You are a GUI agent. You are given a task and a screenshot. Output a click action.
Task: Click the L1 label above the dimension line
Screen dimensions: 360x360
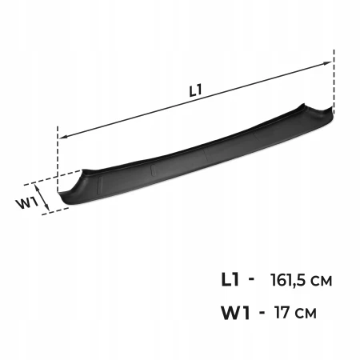pyautogui.click(x=195, y=90)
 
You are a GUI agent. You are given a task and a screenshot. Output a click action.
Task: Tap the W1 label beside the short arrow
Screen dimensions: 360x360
pyautogui.click(x=27, y=204)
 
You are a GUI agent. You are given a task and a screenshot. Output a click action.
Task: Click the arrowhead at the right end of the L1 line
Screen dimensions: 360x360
pyautogui.click(x=327, y=63)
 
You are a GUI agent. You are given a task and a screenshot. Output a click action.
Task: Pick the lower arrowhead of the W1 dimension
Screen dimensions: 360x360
pyautogui.click(x=46, y=206)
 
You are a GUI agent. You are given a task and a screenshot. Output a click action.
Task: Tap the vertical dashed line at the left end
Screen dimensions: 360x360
pyautogui.click(x=58, y=158)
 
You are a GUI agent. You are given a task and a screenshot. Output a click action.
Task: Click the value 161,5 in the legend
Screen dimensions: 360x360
pyautogui.click(x=289, y=280)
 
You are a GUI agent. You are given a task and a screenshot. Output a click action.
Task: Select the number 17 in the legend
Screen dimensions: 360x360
pyautogui.click(x=282, y=312)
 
